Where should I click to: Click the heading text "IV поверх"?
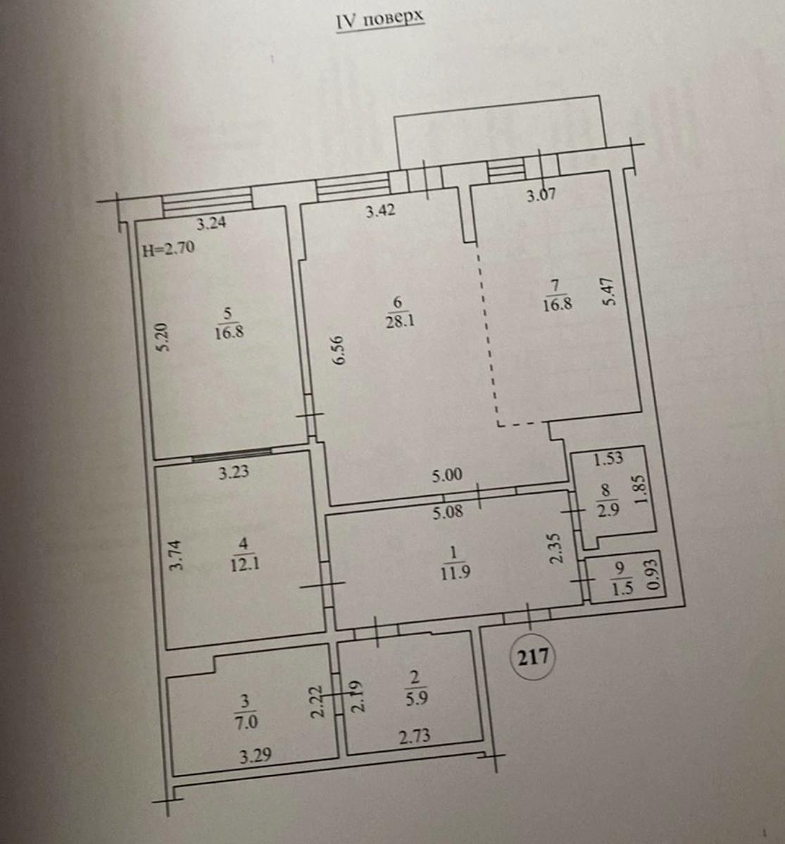(x=380, y=21)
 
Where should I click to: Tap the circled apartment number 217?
(x=534, y=657)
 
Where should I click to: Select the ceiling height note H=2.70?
(x=168, y=248)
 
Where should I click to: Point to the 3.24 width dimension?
(x=211, y=223)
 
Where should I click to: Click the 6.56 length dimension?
(x=339, y=350)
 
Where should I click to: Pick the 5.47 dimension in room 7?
(x=609, y=292)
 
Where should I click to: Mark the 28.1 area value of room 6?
(x=400, y=321)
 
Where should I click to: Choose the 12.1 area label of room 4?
(x=245, y=565)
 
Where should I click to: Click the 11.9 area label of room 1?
(x=456, y=573)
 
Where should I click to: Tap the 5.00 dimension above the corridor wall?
(x=447, y=475)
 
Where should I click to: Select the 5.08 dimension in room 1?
(x=448, y=511)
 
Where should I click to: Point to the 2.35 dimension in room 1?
(x=556, y=549)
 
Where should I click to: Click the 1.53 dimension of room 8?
(x=608, y=459)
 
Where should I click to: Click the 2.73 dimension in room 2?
(x=415, y=736)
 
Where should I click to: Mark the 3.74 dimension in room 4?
(x=175, y=555)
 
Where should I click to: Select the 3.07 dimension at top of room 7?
(x=541, y=195)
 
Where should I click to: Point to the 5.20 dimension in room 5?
(x=163, y=337)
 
